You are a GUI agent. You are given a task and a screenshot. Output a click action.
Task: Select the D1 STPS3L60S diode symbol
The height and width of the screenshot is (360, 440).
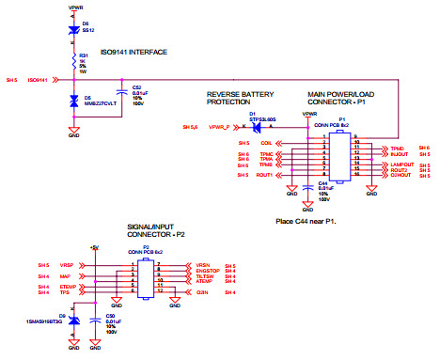click(254, 125)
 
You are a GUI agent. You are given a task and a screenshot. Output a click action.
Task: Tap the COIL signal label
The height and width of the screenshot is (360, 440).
click(265, 142)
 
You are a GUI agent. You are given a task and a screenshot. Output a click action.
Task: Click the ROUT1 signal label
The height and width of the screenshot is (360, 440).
click(264, 176)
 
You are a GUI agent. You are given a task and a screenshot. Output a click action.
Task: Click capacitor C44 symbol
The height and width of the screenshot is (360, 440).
click(309, 189)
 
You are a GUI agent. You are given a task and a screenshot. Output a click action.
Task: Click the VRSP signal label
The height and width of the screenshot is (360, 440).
click(66, 266)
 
